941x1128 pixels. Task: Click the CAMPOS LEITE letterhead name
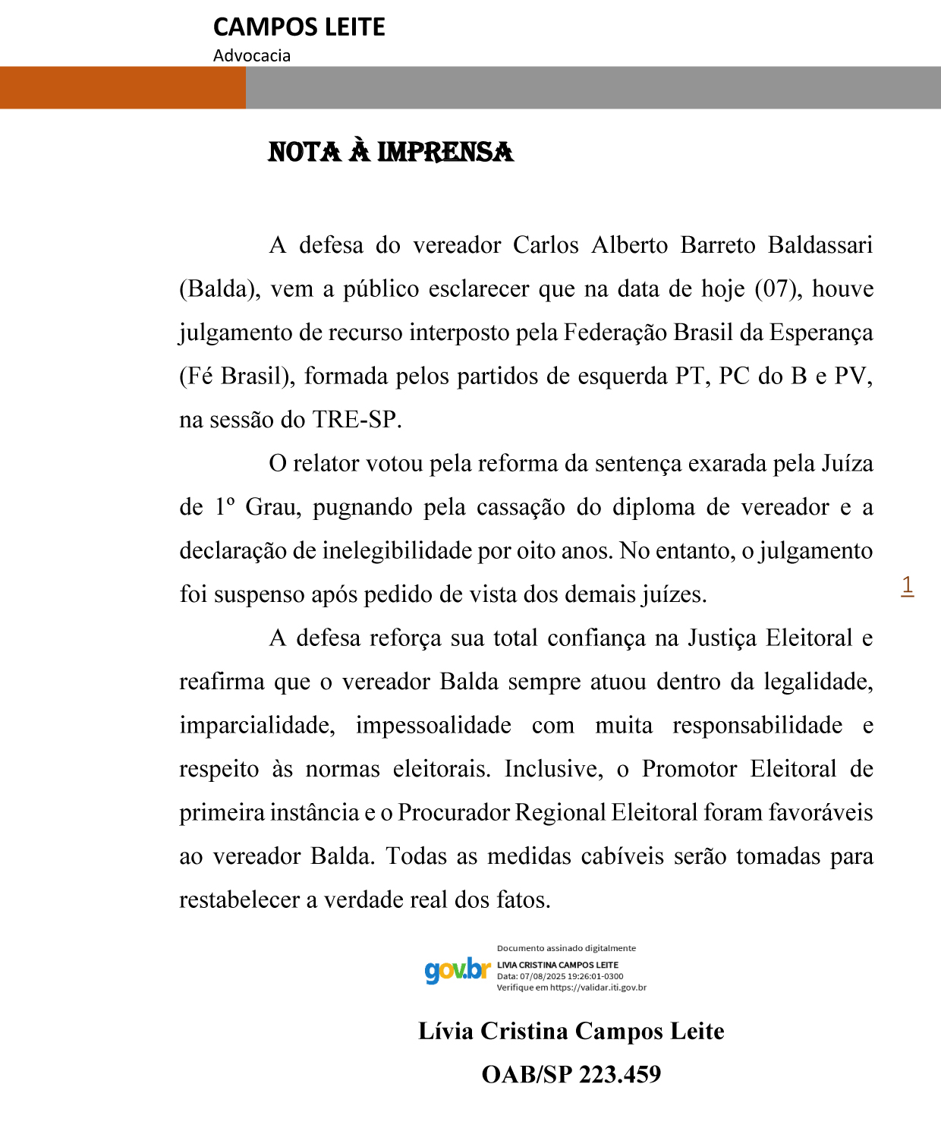pos(299,27)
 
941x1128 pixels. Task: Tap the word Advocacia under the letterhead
pos(252,55)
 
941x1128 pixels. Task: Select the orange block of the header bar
pos(122,87)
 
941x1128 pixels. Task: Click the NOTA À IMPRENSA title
pos(391,152)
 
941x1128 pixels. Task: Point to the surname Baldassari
pos(820,245)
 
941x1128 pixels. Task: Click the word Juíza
pos(847,463)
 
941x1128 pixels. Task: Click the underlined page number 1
pos(907,585)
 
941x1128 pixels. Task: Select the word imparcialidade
pos(256,725)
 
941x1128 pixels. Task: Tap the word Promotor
pos(689,769)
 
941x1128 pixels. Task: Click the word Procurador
pos(454,812)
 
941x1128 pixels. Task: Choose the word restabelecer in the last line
pos(240,900)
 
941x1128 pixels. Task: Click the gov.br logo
pos(458,970)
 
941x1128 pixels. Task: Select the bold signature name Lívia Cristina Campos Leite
pos(571,1031)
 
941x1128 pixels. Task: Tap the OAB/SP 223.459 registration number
pos(571,1074)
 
